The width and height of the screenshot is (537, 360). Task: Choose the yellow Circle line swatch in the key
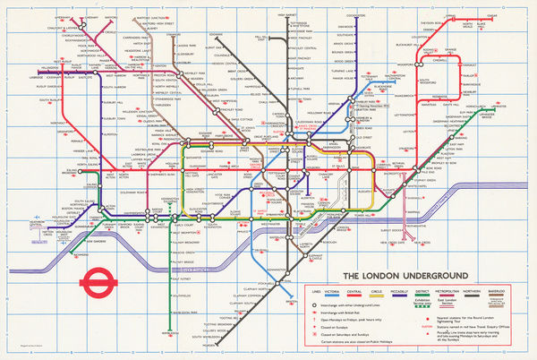(404, 298)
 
